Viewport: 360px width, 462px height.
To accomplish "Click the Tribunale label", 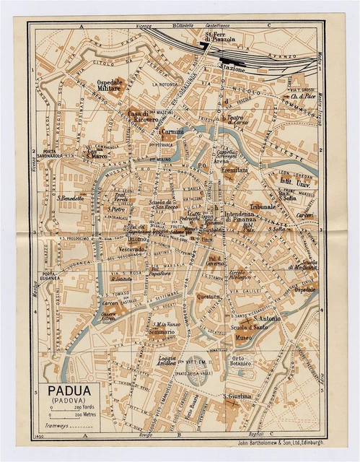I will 264,206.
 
